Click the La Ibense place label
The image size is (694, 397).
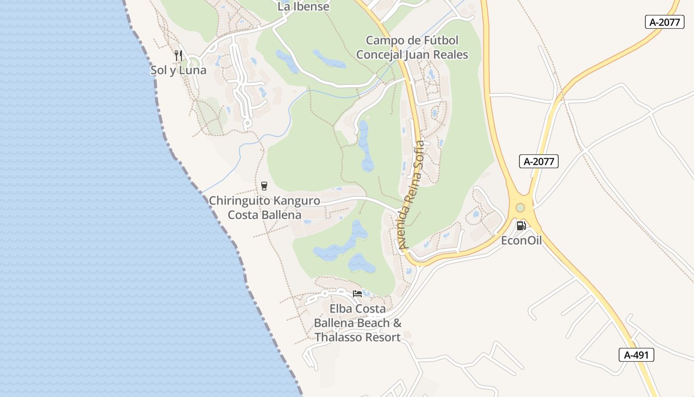(303, 6)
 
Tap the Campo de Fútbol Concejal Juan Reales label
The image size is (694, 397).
(412, 47)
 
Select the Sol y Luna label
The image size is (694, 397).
(178, 70)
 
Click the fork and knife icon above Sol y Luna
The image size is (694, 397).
(178, 55)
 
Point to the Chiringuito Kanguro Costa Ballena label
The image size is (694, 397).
(264, 207)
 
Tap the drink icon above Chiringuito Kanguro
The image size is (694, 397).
(264, 186)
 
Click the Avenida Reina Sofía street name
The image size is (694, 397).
(411, 195)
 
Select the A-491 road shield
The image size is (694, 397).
(636, 355)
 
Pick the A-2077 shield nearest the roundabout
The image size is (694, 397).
(539, 161)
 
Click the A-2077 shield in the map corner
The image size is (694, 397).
(664, 22)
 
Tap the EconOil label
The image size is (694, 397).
(521, 241)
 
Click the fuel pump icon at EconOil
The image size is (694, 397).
(521, 226)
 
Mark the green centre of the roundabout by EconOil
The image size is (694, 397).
(520, 208)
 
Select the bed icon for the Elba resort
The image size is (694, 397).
(357, 294)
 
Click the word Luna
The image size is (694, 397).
(193, 70)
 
